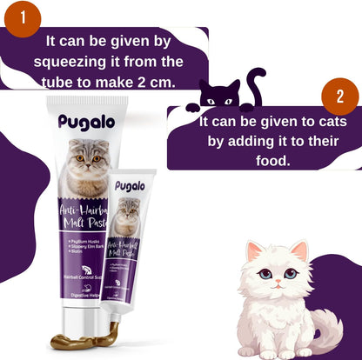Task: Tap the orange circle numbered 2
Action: [x=340, y=97]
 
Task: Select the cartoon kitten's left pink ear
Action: [x=255, y=254]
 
